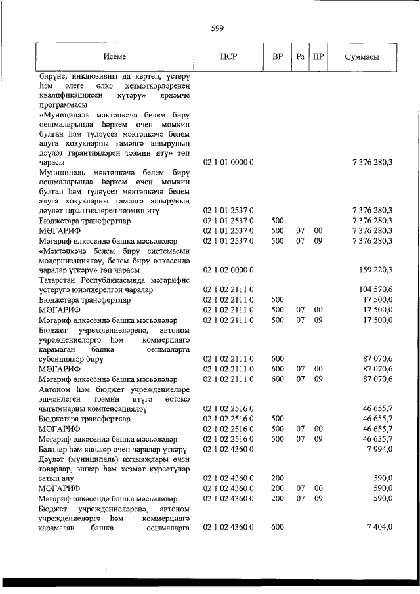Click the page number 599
tap(218, 28)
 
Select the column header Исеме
tap(114, 56)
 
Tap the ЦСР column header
tap(229, 56)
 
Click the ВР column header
tap(277, 56)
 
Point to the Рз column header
tap(300, 56)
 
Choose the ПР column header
tap(318, 56)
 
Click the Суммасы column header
tap(362, 56)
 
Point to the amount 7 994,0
tap(377, 448)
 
